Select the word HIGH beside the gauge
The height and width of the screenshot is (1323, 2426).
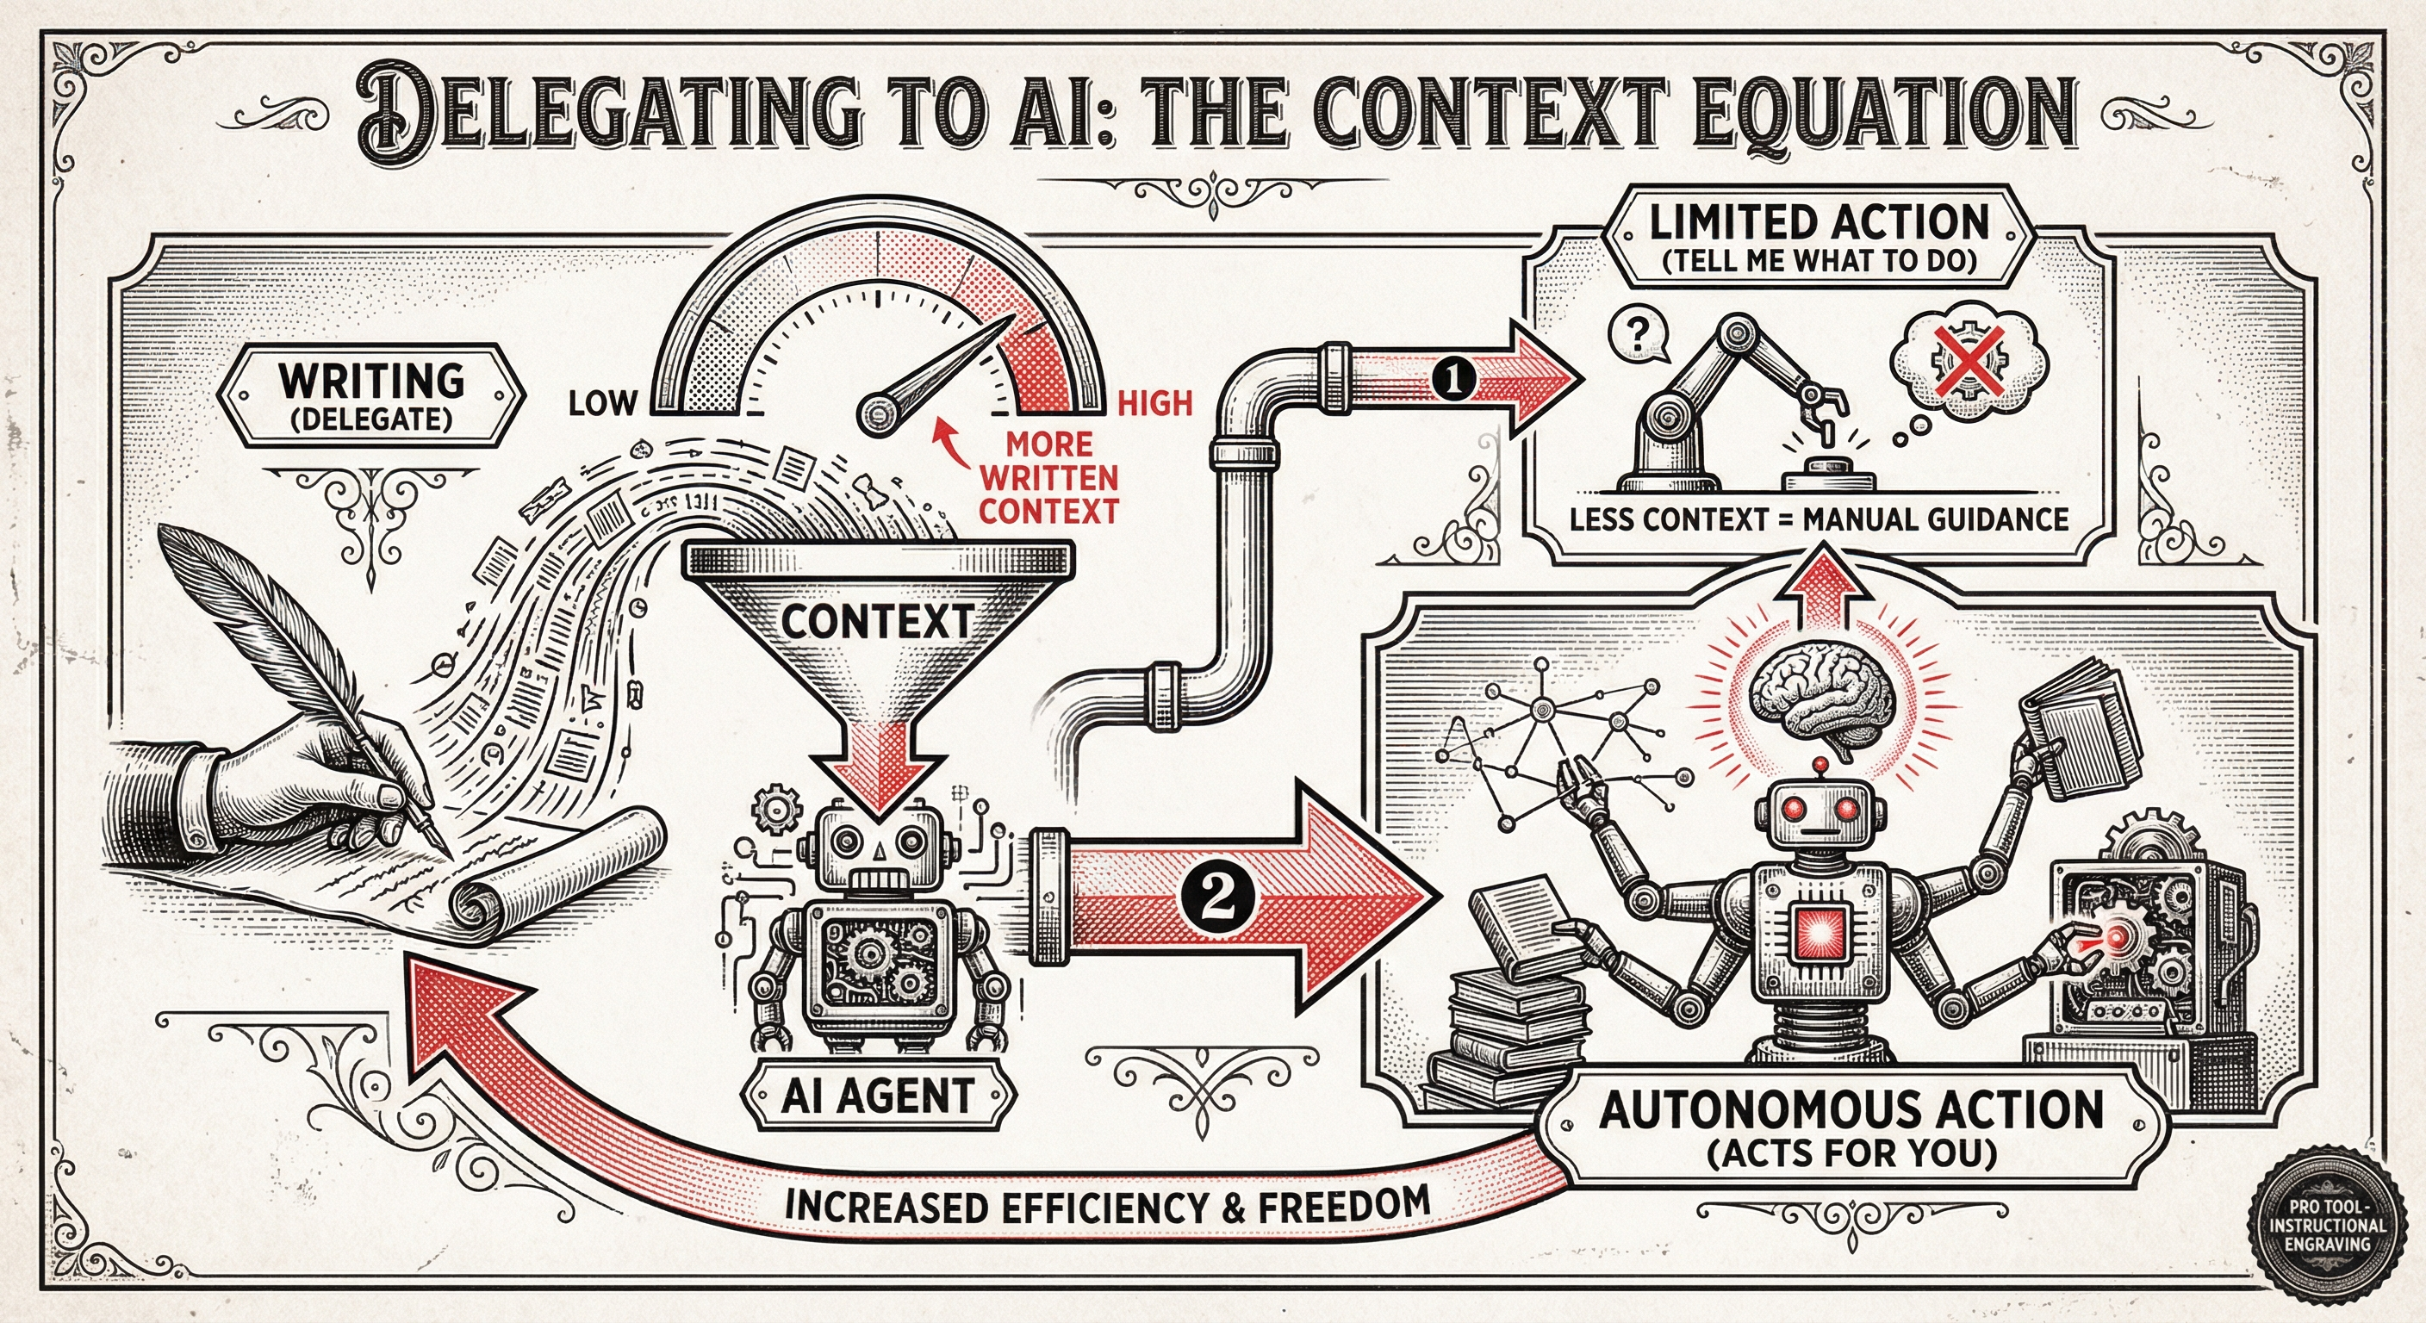tap(1154, 404)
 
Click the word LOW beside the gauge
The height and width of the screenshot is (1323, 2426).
tap(602, 403)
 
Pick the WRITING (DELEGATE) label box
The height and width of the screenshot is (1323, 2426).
tap(371, 394)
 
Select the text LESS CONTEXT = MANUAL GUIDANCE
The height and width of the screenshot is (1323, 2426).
tap(1819, 519)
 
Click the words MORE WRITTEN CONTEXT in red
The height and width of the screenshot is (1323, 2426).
tap(1048, 476)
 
